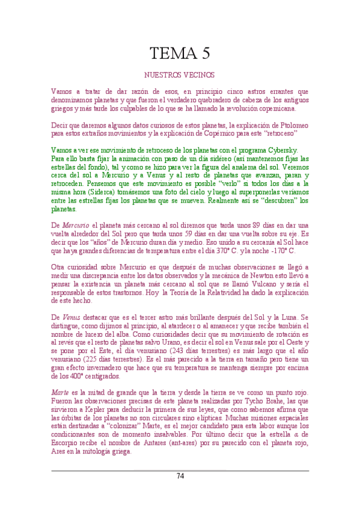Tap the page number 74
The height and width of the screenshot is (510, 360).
tap(180, 476)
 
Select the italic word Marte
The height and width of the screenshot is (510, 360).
tap(61, 392)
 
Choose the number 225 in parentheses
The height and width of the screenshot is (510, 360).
tap(90, 359)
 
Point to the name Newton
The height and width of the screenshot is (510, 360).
tap(257, 275)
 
